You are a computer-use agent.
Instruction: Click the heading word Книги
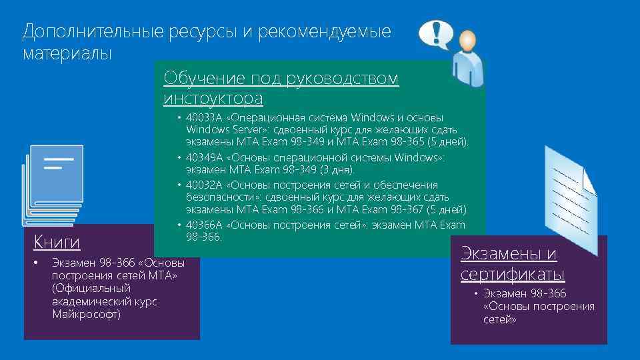[x=57, y=241]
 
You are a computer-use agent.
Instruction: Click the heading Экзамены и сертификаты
[x=511, y=264]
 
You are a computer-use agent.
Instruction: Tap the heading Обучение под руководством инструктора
[x=281, y=89]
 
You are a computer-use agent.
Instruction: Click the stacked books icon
[x=53, y=183]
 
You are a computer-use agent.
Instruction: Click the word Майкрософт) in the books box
[x=87, y=314]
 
